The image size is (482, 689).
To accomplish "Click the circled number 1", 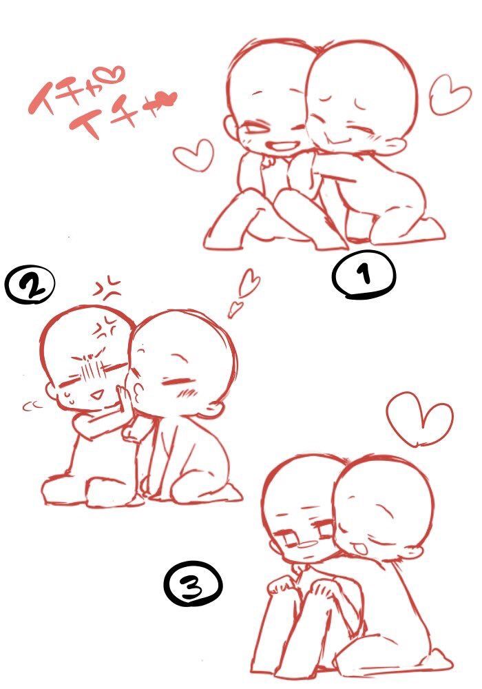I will coord(364,275).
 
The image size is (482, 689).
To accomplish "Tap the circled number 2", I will coord(30,285).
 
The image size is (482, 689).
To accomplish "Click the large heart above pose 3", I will coord(419,417).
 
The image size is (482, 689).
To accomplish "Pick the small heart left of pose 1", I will coord(193,154).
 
